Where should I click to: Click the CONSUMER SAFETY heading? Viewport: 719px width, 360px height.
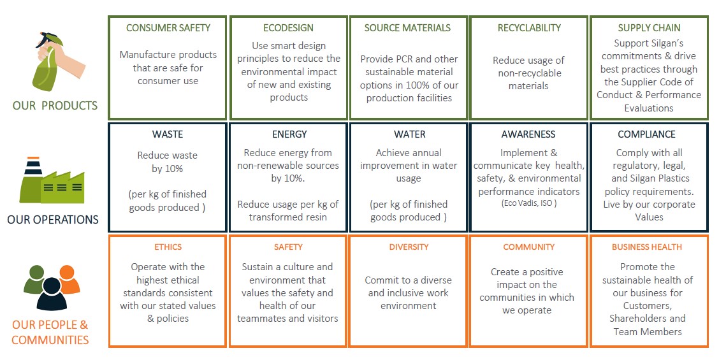168,28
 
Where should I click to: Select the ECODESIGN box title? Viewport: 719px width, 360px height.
288,28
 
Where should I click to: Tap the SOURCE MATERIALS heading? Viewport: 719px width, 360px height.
408,28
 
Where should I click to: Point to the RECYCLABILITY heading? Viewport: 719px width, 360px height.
529,28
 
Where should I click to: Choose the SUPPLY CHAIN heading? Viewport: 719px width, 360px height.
649,28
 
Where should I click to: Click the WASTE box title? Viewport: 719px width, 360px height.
168,134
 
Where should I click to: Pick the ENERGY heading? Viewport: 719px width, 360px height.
289,134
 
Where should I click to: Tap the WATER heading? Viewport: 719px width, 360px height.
410,134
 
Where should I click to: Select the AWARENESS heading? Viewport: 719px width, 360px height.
528,134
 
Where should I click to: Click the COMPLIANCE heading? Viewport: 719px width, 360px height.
646,134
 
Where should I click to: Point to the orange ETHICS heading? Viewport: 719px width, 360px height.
168,247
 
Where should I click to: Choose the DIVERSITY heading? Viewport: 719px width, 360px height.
409,247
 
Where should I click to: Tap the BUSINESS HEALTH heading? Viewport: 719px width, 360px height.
646,247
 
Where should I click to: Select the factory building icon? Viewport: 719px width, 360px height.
52,181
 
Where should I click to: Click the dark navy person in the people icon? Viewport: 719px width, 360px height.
52,294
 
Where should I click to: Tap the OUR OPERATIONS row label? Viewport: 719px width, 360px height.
53,220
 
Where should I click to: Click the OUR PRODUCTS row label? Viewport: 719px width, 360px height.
55,106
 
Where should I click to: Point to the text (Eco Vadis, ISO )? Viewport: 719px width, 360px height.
528,203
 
